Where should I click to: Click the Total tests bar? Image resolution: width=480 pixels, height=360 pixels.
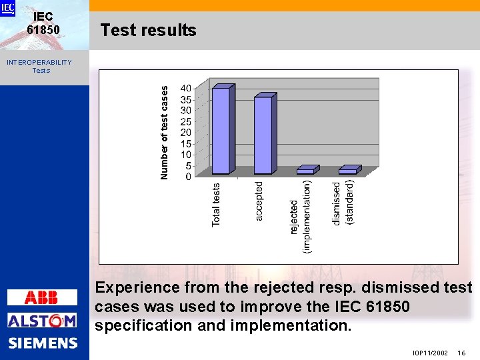221,131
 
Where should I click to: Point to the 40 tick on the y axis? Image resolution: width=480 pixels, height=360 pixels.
186,89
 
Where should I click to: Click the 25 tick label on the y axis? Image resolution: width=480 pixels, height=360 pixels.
186,122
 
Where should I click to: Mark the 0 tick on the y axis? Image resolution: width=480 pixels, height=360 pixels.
189,177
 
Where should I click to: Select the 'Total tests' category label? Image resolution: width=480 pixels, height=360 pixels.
216,205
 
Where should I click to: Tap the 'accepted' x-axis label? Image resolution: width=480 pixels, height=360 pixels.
259,201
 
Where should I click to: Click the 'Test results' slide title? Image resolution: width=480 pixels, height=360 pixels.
148,30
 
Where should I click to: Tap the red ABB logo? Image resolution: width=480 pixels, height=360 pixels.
41,297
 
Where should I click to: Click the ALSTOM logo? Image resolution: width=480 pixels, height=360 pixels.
42,321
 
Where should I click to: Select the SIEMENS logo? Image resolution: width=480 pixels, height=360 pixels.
43,343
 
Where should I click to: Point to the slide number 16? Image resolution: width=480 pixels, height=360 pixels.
461,353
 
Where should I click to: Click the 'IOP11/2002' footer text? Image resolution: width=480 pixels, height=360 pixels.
430,353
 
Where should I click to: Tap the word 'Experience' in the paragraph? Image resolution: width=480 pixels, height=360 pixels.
137,288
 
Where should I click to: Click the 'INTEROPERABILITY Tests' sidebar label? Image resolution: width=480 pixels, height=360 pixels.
39,66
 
